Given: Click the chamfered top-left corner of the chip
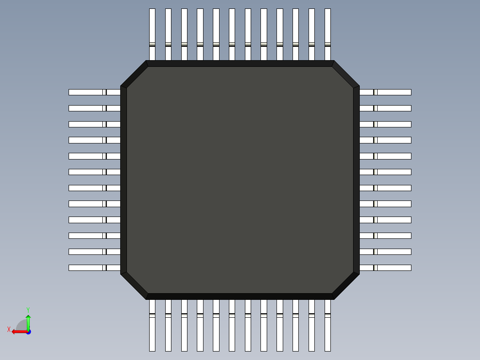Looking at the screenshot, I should (134, 74).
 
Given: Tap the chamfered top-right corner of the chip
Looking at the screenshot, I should (346, 74).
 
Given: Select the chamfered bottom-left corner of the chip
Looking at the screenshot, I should (134, 286).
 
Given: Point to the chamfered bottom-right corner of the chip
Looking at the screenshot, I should (346, 286).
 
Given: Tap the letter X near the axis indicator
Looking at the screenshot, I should (9, 329).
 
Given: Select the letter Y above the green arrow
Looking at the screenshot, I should (28, 310).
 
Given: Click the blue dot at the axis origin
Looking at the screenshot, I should (28, 331).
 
